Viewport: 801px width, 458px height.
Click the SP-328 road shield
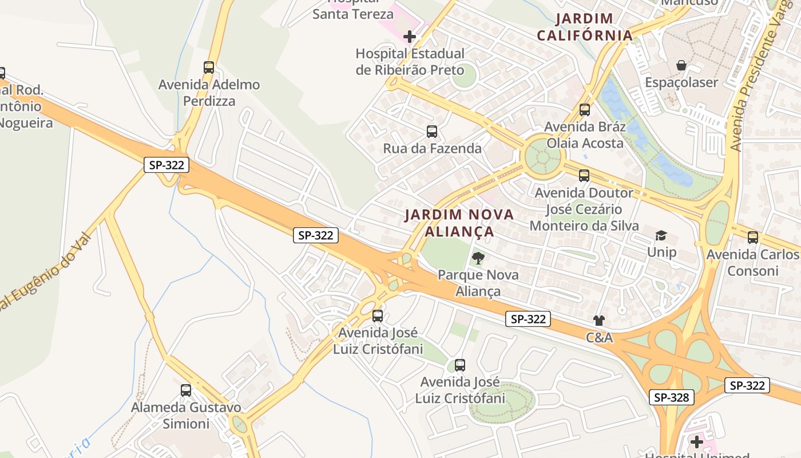click(672, 397)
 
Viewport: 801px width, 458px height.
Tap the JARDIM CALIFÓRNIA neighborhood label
click(585, 27)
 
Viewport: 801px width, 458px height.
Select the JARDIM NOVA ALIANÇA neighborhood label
click(459, 223)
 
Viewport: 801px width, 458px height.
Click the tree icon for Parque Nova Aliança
click(478, 258)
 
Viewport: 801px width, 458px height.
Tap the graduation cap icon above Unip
click(661, 236)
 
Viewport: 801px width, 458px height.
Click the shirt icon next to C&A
click(599, 321)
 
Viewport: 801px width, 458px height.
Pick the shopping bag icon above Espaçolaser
click(681, 65)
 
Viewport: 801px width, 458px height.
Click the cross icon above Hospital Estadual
click(410, 37)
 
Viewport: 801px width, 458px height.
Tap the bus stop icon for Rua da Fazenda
click(432, 132)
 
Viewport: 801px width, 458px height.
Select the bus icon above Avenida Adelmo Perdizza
click(209, 68)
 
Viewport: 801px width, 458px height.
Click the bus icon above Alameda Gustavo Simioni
click(186, 390)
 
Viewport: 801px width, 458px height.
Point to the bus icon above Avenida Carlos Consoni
click(753, 238)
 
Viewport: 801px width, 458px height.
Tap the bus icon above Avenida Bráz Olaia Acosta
click(584, 110)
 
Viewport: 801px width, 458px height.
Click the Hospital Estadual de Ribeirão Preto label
click(410, 62)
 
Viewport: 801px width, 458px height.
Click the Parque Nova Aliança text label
click(478, 283)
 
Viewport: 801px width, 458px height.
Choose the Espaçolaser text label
click(681, 82)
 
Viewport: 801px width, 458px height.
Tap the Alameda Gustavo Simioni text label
click(186, 416)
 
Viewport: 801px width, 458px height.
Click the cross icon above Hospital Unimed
click(696, 442)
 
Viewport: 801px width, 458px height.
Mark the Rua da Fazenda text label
click(432, 149)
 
